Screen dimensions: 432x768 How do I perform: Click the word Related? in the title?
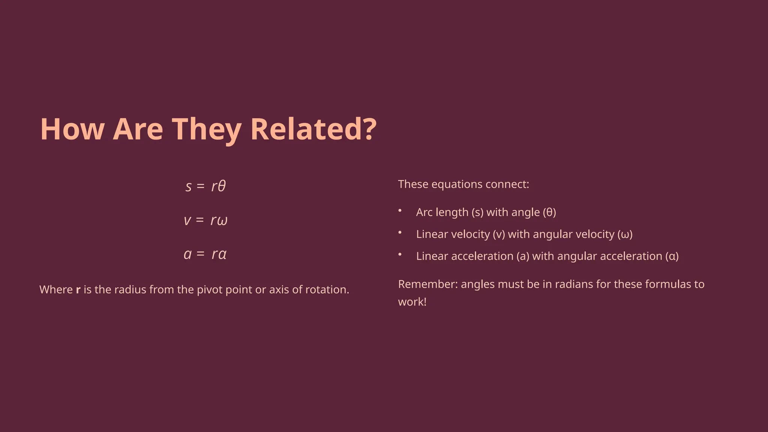click(313, 129)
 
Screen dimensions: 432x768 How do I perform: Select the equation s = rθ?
click(205, 186)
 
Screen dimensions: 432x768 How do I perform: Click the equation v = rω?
click(205, 220)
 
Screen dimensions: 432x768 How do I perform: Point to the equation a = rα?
click(205, 254)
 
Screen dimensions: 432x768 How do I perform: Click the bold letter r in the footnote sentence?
click(78, 290)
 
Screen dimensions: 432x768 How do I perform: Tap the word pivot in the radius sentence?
click(210, 290)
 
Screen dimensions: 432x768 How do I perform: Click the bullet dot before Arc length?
click(400, 210)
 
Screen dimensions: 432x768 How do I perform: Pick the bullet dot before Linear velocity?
click(400, 232)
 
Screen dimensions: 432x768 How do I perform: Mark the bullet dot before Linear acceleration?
click(400, 254)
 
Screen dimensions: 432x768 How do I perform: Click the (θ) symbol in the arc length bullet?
click(549, 212)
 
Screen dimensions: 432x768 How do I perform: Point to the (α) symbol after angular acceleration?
click(672, 256)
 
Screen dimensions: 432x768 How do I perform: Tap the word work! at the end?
click(412, 302)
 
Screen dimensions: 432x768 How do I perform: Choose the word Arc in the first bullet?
click(424, 212)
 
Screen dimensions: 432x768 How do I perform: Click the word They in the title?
click(207, 129)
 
